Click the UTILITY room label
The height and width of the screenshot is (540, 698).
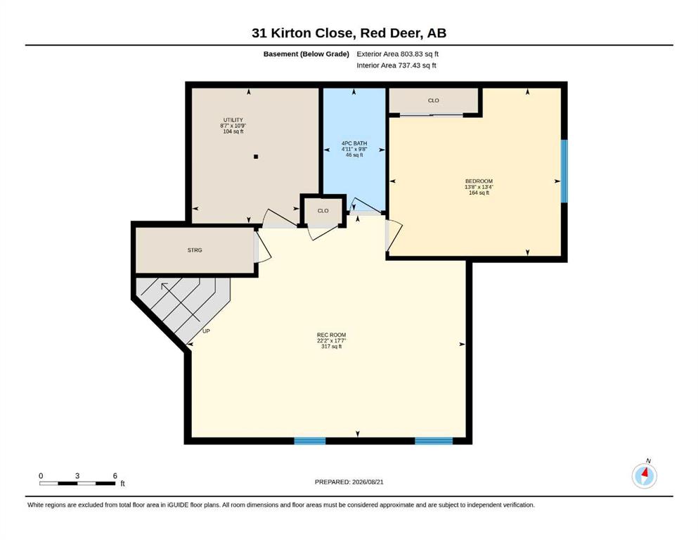pos(233,120)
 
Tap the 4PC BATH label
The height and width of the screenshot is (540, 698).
pos(354,143)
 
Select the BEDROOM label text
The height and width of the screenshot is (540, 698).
pos(479,181)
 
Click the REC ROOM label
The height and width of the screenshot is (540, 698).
pos(331,335)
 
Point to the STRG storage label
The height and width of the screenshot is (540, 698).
pos(195,250)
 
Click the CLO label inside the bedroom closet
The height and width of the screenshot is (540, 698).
pos(433,101)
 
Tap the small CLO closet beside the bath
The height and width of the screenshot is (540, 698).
pos(323,210)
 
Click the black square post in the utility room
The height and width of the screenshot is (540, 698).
pos(256,157)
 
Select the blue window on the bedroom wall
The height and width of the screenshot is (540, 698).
pos(564,172)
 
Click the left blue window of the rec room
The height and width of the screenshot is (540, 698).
pos(310,441)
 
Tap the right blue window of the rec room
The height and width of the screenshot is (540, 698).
pos(434,441)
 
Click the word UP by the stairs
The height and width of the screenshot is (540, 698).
pos(206,331)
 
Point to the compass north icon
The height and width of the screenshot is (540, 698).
pos(644,475)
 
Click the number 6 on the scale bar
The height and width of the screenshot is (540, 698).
pos(115,476)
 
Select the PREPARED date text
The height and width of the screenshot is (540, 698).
pos(349,482)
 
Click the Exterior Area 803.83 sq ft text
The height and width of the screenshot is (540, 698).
pos(398,54)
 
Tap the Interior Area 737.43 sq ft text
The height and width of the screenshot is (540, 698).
pos(396,65)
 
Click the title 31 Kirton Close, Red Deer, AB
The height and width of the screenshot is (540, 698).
pos(349,33)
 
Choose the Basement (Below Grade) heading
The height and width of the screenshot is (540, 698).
pos(306,54)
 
